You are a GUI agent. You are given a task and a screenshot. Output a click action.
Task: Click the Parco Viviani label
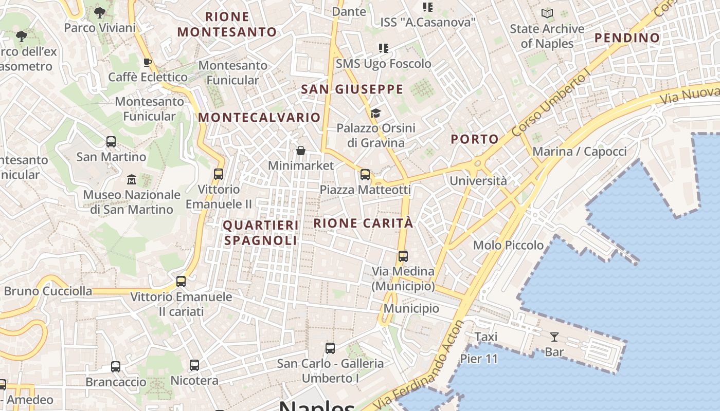point(100,27)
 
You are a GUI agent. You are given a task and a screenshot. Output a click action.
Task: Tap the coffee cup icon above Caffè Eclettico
point(148,63)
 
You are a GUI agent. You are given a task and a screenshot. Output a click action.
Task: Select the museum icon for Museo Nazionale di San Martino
point(132,180)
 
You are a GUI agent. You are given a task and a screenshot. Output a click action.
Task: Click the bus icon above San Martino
point(111,142)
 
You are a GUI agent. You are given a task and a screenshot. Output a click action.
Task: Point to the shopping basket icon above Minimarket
point(301,151)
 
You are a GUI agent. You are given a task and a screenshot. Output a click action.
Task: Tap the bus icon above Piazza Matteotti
point(365,175)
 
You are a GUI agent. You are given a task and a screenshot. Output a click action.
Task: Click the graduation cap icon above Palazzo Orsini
point(376,113)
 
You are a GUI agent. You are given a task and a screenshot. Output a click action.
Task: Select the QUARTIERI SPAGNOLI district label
point(261,233)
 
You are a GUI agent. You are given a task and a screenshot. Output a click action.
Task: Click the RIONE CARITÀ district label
point(363,223)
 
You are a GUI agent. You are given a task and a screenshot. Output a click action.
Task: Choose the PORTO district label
point(475,139)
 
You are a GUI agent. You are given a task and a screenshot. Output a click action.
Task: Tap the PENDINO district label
point(627,38)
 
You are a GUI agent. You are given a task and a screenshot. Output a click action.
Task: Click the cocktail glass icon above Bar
point(554,337)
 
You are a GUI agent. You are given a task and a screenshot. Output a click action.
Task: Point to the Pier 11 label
point(479,359)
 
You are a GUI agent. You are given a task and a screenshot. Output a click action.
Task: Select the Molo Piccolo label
point(508,245)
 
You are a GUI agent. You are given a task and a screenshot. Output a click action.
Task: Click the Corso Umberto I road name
point(550,106)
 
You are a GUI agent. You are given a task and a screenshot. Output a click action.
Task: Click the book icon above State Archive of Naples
point(547,14)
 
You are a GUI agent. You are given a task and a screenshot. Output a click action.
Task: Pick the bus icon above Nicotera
point(194,365)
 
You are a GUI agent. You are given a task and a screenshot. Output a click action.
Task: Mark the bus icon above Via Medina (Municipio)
point(403,256)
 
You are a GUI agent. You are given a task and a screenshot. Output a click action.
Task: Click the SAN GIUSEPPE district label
point(352,89)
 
